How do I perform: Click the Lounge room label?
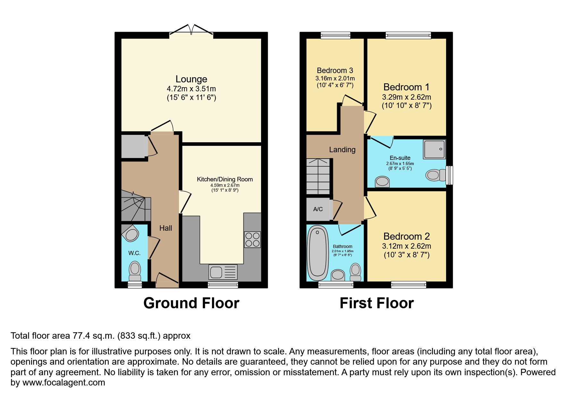(x=191, y=79)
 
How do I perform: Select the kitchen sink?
(x=223, y=272)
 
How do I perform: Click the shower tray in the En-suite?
(x=434, y=149)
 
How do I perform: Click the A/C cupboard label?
(x=318, y=209)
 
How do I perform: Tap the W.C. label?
(x=134, y=253)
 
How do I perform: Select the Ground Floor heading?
(x=191, y=303)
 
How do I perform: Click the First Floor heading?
(x=377, y=303)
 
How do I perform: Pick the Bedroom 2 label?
(x=406, y=236)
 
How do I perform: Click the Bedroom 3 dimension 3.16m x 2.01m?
(x=335, y=79)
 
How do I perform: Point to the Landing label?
(x=342, y=150)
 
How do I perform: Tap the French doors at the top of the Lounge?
(x=191, y=31)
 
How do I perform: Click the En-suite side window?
(x=450, y=175)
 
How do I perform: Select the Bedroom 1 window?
(x=408, y=35)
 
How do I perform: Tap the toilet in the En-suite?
(x=435, y=175)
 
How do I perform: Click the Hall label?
(x=165, y=228)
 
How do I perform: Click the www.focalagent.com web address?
(x=64, y=383)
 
